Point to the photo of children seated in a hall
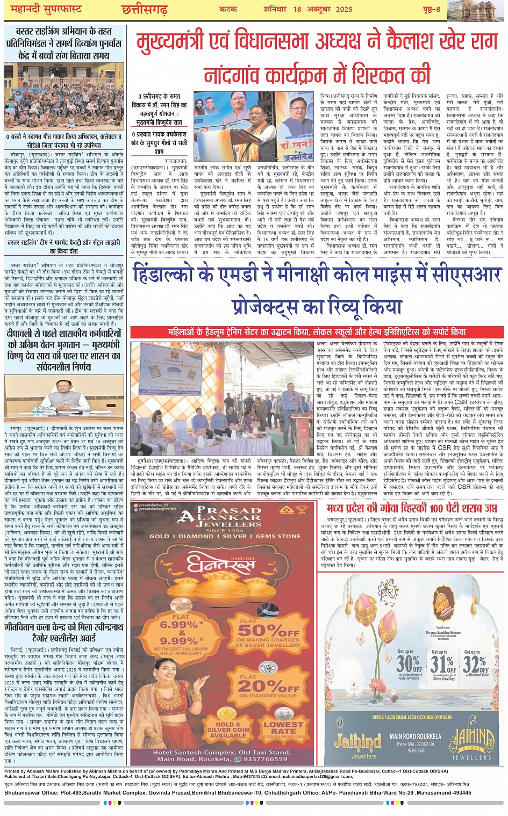click(x=64, y=97)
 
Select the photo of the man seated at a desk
click(x=64, y=398)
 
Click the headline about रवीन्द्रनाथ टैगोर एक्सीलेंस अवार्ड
click(x=64, y=632)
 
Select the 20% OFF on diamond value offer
click(x=268, y=688)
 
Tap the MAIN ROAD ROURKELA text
click(x=414, y=736)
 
